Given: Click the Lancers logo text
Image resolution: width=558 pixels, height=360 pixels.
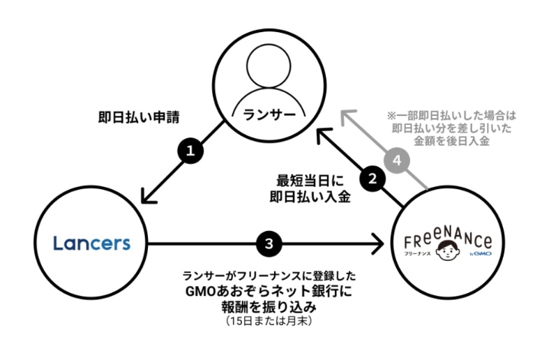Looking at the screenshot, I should pyautogui.click(x=91, y=243).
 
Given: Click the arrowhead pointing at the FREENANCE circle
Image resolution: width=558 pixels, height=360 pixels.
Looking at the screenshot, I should pyautogui.click(x=379, y=243).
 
